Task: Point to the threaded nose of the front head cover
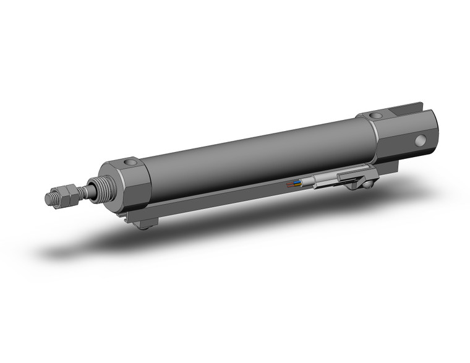pos(98,186)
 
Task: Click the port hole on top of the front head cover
pos(130,163)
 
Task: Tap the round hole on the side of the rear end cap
pos(422,141)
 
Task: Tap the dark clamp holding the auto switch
pos(352,179)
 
